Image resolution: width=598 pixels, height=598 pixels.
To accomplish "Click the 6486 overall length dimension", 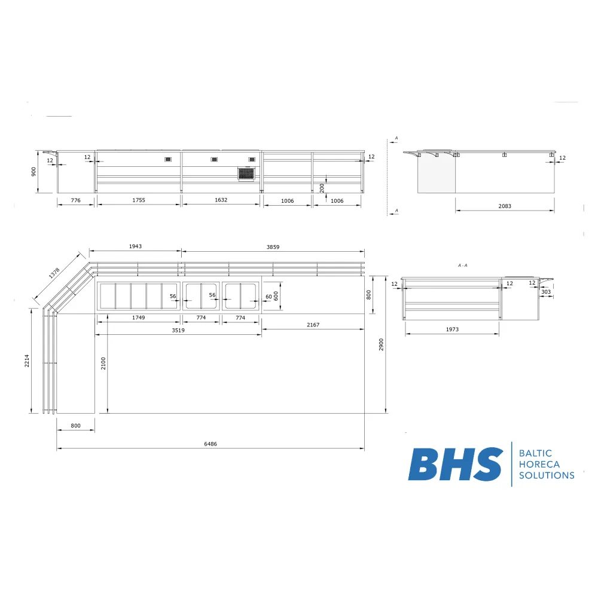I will [210, 444].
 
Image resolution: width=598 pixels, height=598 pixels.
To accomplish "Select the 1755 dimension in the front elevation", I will [138, 200].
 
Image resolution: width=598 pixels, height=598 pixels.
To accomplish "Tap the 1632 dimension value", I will [221, 200].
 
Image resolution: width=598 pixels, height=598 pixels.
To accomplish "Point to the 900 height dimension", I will [35, 171].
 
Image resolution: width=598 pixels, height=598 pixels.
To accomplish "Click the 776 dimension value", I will [75, 200].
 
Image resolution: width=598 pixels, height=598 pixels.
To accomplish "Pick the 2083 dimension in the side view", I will [504, 206].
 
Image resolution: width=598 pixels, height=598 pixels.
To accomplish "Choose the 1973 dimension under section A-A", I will [452, 329].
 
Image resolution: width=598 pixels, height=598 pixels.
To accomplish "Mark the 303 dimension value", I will [546, 292].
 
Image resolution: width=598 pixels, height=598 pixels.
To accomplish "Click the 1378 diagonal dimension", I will [54, 273].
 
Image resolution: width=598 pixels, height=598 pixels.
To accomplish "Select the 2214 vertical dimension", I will [27, 361].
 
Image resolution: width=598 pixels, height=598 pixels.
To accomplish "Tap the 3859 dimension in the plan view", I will [273, 246].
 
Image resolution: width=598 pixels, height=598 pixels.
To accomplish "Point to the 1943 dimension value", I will [135, 246].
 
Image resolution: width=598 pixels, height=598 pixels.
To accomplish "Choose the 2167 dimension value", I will [313, 325].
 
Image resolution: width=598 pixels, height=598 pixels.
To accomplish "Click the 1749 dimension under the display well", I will [138, 318].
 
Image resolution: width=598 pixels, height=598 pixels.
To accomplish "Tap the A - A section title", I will [462, 265].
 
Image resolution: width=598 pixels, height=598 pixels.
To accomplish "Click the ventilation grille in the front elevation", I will [246, 173].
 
